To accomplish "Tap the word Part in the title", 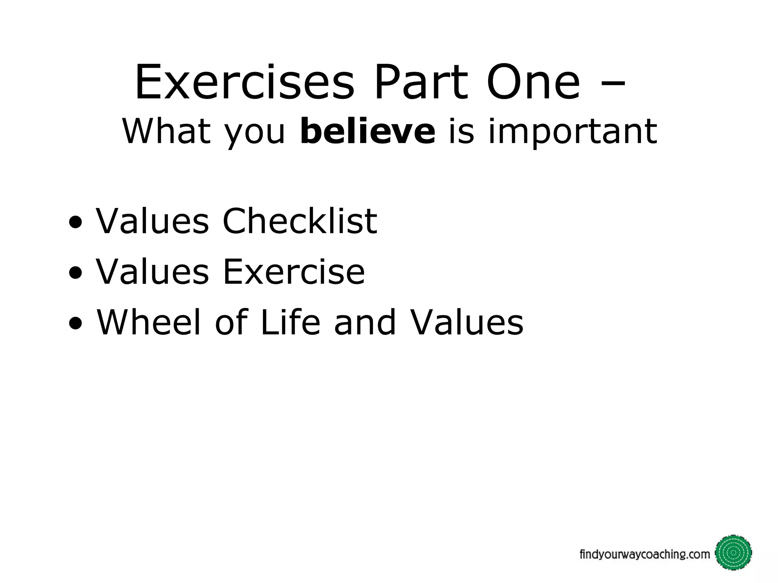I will tap(420, 83).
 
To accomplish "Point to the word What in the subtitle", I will tap(166, 131).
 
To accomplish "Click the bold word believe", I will tap(367, 131).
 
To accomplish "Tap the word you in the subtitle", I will tap(254, 135).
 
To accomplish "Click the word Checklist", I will tap(300, 221).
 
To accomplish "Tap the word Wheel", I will tap(149, 322).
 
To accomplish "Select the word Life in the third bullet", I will tap(290, 322).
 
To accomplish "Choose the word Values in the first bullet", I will tap(152, 221).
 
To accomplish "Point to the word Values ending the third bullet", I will tap(467, 322).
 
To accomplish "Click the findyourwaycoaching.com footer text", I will tap(644, 555).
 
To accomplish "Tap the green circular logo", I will tap(733, 553).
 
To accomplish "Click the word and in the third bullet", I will tap(365, 322).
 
